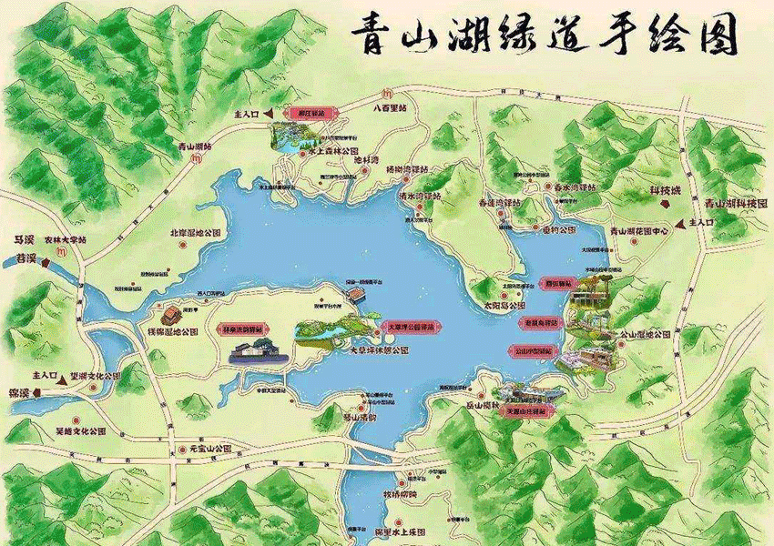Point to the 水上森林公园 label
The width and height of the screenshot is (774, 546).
333,151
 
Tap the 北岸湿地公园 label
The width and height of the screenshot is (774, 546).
197,233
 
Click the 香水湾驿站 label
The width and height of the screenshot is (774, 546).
575,187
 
